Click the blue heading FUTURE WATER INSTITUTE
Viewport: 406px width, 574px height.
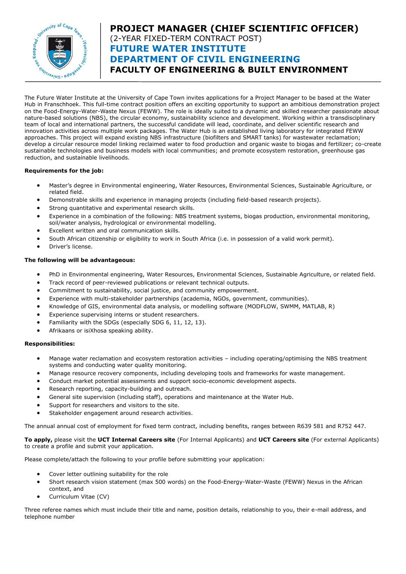pos(178,49)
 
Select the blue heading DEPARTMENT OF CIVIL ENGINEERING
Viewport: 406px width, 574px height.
pos(205,59)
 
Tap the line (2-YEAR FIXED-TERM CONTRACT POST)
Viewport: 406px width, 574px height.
pos(186,39)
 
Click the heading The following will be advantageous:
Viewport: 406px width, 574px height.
pos(80,260)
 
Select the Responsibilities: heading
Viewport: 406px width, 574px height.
pos(50,344)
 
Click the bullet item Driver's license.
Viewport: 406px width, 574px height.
pos(71,246)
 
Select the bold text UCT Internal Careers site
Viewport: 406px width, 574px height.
pos(136,440)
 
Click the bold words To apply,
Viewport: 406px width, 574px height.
pos(39,440)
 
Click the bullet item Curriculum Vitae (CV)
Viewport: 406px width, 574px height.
pos(79,497)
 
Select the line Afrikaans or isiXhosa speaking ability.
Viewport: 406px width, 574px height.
pos(101,330)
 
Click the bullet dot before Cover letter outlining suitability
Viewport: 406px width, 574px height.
pos(39,474)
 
